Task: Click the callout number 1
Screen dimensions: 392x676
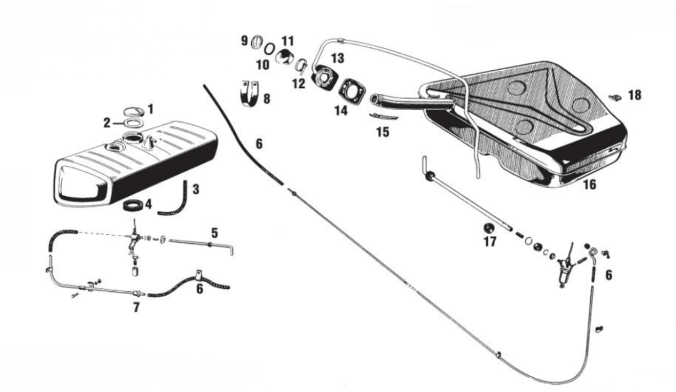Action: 150,106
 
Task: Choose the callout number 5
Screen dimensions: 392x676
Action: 214,231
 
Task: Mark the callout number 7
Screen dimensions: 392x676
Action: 137,308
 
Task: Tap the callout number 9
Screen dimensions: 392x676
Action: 244,41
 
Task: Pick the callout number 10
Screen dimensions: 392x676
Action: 263,64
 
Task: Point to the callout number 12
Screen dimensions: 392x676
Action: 299,83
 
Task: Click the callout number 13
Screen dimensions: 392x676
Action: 337,58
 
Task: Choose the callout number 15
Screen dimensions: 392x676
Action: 382,132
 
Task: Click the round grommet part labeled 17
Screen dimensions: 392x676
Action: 489,229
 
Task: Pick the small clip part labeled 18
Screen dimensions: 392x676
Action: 615,97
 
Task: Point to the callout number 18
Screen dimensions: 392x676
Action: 634,95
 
